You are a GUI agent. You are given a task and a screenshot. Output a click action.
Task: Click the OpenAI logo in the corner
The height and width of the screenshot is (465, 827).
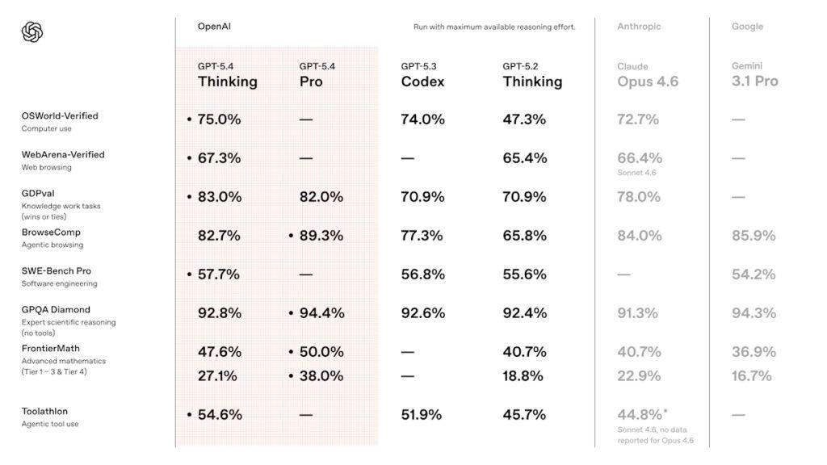click(32, 32)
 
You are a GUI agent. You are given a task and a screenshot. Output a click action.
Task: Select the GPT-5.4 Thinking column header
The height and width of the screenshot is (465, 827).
click(227, 74)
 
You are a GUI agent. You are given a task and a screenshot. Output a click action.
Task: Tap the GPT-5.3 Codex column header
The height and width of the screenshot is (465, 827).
click(422, 74)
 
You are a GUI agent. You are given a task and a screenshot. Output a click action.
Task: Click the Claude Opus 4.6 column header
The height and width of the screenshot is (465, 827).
click(648, 74)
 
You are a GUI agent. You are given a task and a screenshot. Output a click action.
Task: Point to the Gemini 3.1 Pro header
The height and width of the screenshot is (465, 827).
click(754, 74)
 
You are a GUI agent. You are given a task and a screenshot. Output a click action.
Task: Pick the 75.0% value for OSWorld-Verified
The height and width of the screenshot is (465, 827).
click(219, 119)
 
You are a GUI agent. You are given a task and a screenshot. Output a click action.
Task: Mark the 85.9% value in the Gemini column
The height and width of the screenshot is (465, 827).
click(754, 236)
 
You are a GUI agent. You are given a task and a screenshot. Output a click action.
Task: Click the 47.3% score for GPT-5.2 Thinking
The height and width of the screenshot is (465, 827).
click(524, 119)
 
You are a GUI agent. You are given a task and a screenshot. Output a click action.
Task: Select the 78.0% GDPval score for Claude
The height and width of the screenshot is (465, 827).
click(638, 197)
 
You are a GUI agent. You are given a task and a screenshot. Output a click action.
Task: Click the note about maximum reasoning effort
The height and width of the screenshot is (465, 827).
click(494, 27)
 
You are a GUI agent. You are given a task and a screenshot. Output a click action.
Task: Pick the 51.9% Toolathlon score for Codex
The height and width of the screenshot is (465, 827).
click(422, 415)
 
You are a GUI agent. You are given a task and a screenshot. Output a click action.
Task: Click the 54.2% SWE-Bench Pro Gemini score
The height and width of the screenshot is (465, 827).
click(754, 274)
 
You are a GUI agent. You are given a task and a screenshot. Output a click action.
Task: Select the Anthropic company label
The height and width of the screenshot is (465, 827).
click(639, 27)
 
